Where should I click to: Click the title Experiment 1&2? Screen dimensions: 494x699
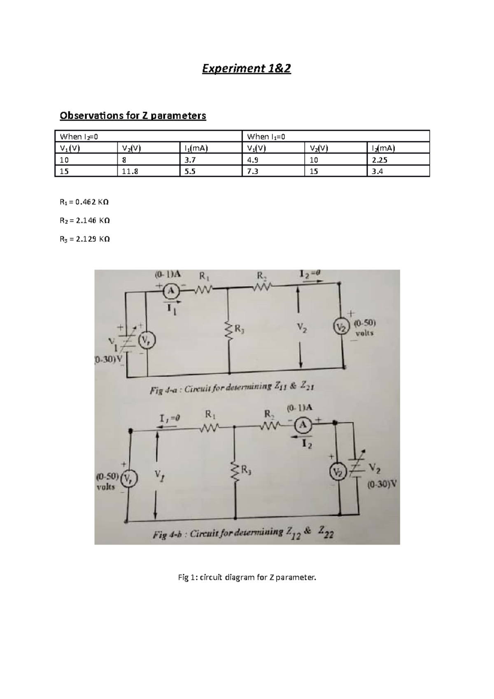(246, 68)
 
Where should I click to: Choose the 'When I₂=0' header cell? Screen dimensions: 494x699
(148, 136)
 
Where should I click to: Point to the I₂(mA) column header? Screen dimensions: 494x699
(398, 148)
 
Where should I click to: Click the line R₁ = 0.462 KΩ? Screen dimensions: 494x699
(84, 202)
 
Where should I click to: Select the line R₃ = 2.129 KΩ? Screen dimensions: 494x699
(84, 239)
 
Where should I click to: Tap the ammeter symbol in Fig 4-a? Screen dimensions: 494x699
(170, 291)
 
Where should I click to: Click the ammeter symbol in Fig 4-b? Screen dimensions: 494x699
(303, 425)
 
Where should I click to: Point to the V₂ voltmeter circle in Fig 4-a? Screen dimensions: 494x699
(340, 328)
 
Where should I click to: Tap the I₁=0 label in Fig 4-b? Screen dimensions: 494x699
(170, 418)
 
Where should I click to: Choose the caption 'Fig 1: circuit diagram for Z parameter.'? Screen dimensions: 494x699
(247, 578)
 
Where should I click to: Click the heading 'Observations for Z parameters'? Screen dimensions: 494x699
(133, 116)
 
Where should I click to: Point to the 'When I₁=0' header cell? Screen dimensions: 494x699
(336, 136)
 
